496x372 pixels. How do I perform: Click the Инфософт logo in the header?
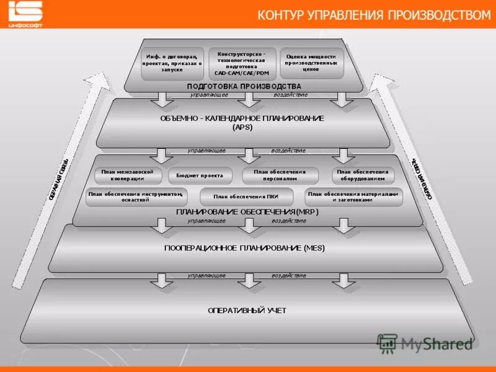(x=25, y=14)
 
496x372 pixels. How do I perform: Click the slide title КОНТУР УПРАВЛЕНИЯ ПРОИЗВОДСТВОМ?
(x=373, y=15)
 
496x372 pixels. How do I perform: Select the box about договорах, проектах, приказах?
(x=172, y=63)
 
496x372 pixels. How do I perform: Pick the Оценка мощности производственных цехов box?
(x=311, y=63)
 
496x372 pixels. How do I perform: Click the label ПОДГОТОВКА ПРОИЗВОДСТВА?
(x=244, y=86)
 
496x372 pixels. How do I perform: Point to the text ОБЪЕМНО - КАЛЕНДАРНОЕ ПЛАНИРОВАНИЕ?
(x=242, y=118)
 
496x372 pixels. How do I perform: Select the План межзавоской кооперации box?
(x=128, y=175)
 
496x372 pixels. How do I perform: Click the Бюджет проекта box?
(x=200, y=175)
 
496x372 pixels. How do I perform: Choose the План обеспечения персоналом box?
(x=280, y=175)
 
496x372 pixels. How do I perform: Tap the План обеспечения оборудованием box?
(x=363, y=175)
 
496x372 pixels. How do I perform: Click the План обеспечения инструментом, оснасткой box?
(x=136, y=197)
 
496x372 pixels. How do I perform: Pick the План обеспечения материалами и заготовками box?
(x=354, y=197)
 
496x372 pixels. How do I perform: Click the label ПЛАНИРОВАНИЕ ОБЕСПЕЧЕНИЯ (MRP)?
(x=247, y=212)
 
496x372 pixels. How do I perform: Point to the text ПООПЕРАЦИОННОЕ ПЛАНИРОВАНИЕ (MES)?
(x=244, y=248)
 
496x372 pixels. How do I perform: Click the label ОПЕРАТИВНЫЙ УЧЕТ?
(x=247, y=310)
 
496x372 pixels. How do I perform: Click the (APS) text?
(x=242, y=127)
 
